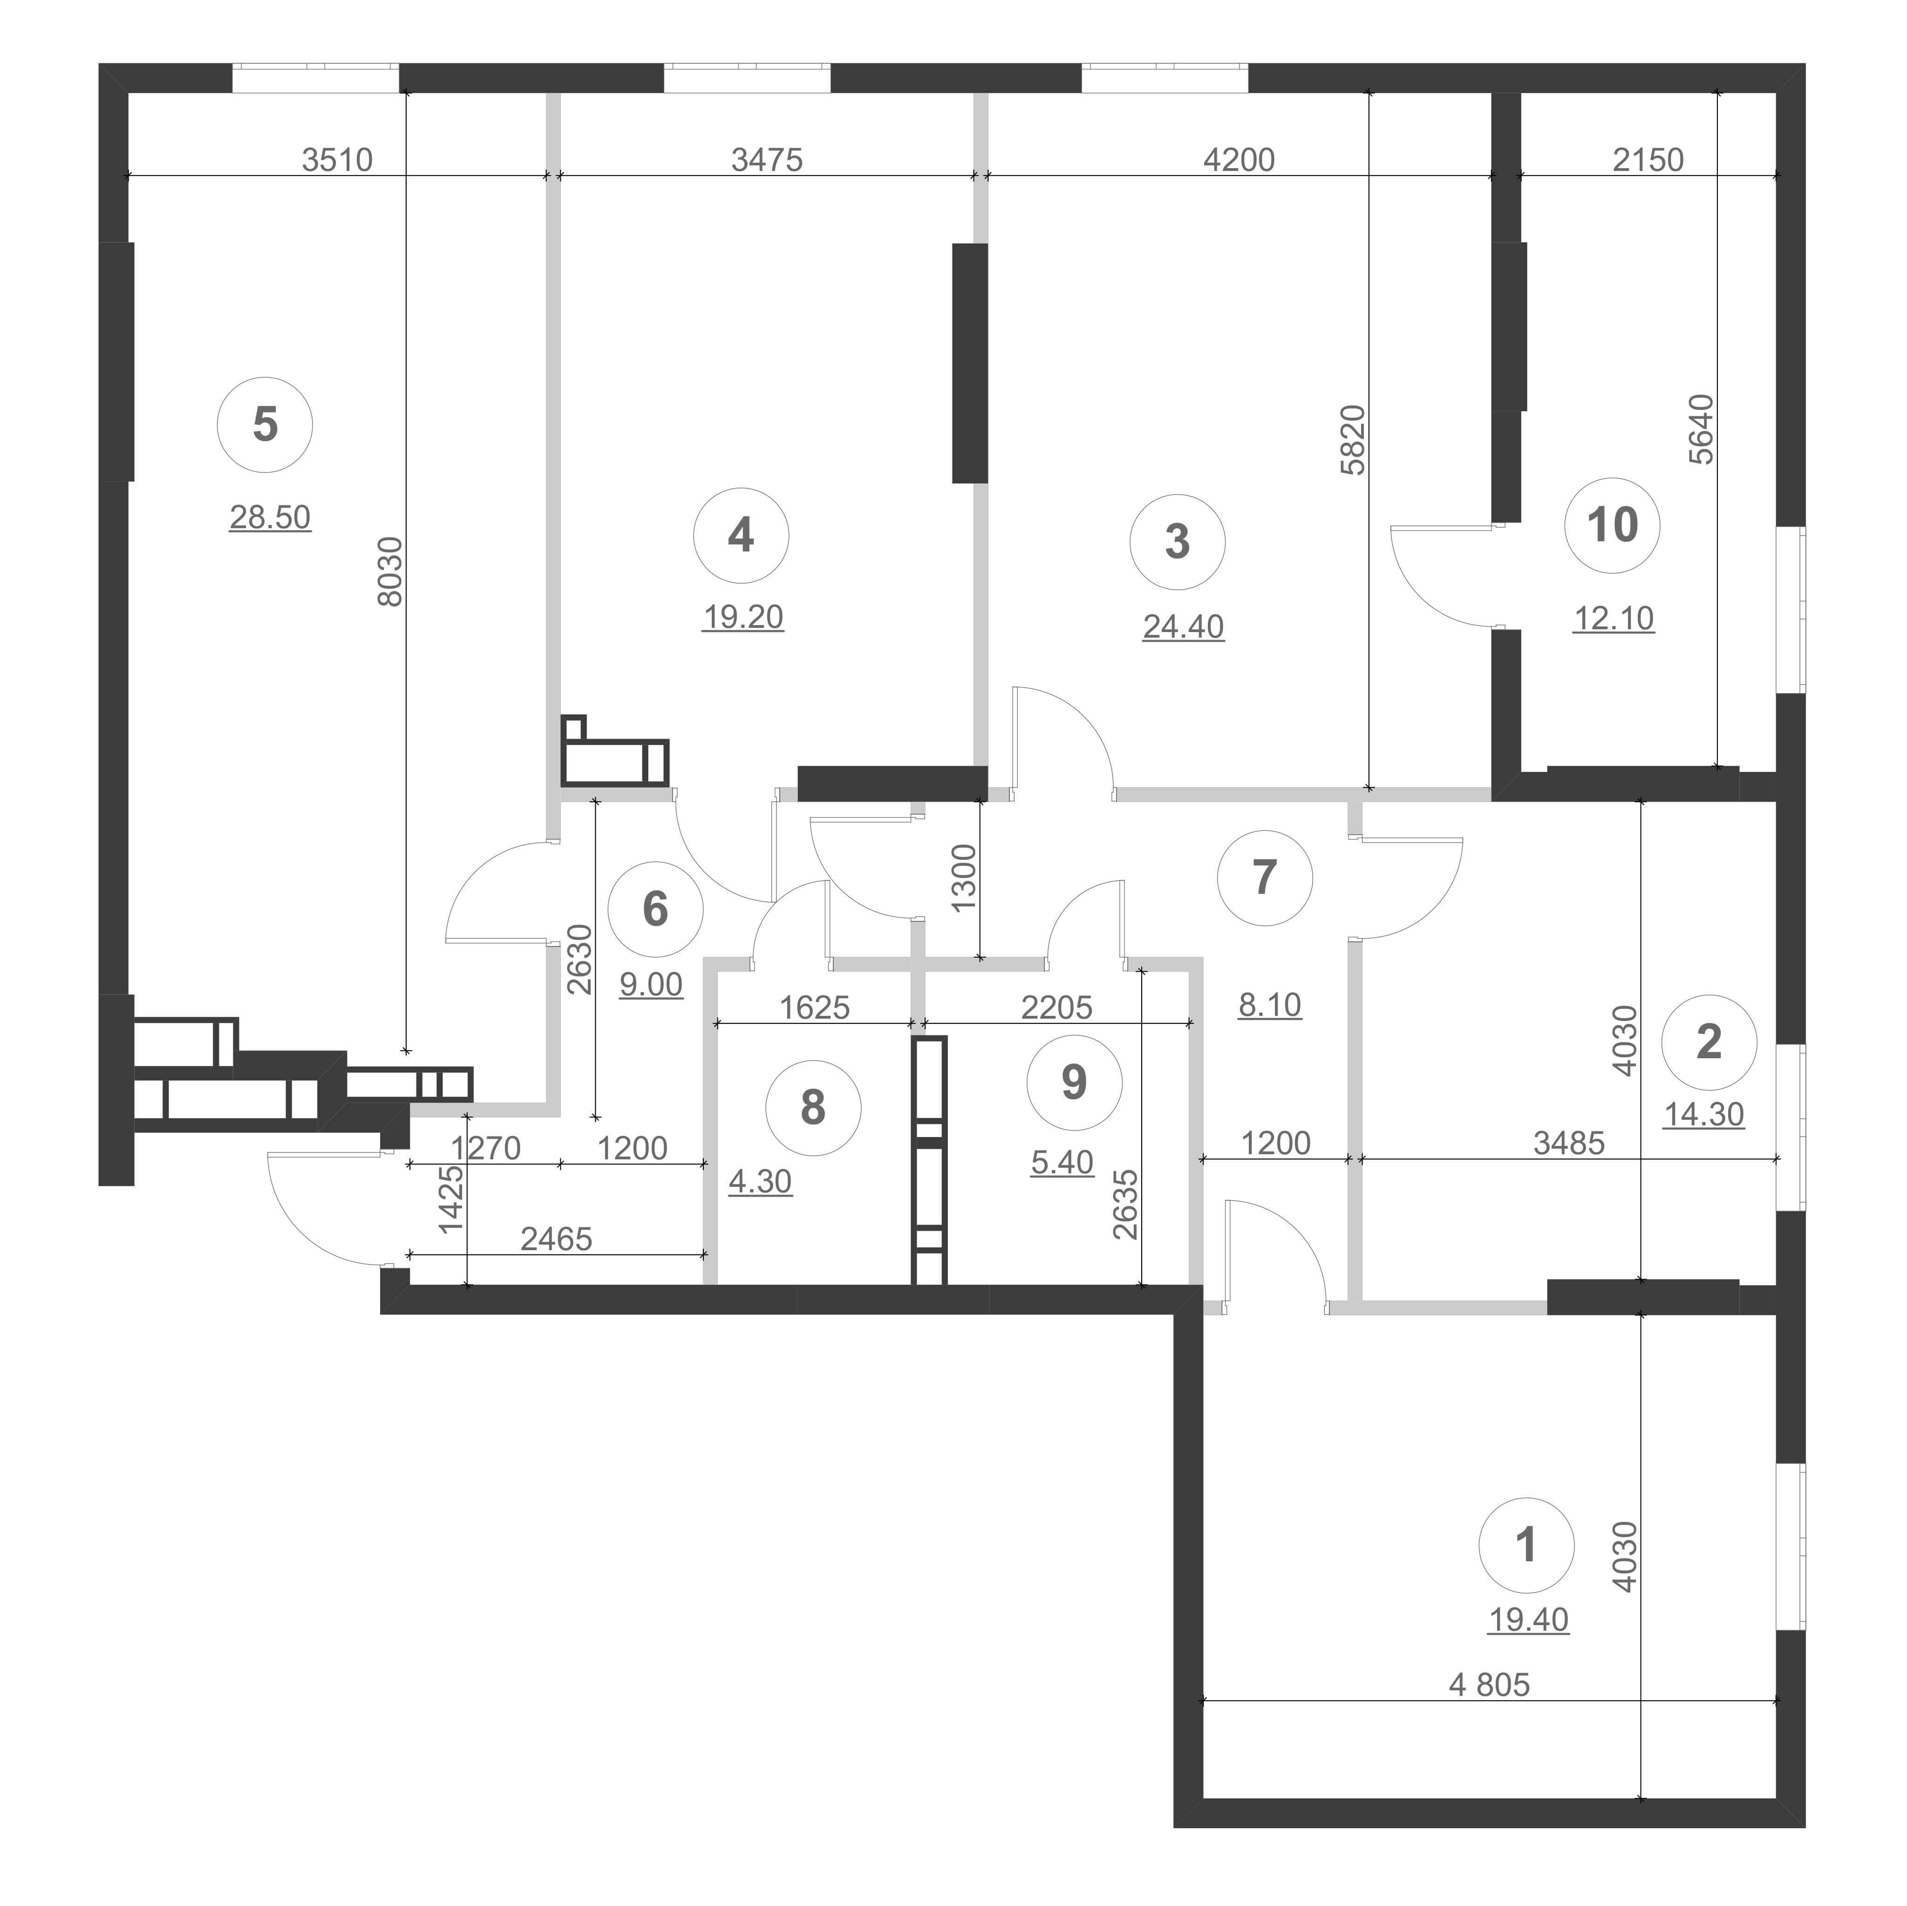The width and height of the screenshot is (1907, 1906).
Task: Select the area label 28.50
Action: point(269,517)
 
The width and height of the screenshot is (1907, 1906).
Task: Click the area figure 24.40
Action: point(1184,627)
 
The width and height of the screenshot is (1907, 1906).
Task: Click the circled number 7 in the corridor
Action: point(1264,878)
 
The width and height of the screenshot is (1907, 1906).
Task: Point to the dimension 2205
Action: point(1057,1008)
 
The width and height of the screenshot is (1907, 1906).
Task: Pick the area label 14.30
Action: point(1705,1114)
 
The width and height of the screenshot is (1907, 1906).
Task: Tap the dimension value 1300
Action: point(964,877)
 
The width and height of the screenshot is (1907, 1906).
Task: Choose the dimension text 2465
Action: point(557,1239)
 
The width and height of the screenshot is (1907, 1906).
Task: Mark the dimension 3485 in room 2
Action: point(1569,1143)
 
